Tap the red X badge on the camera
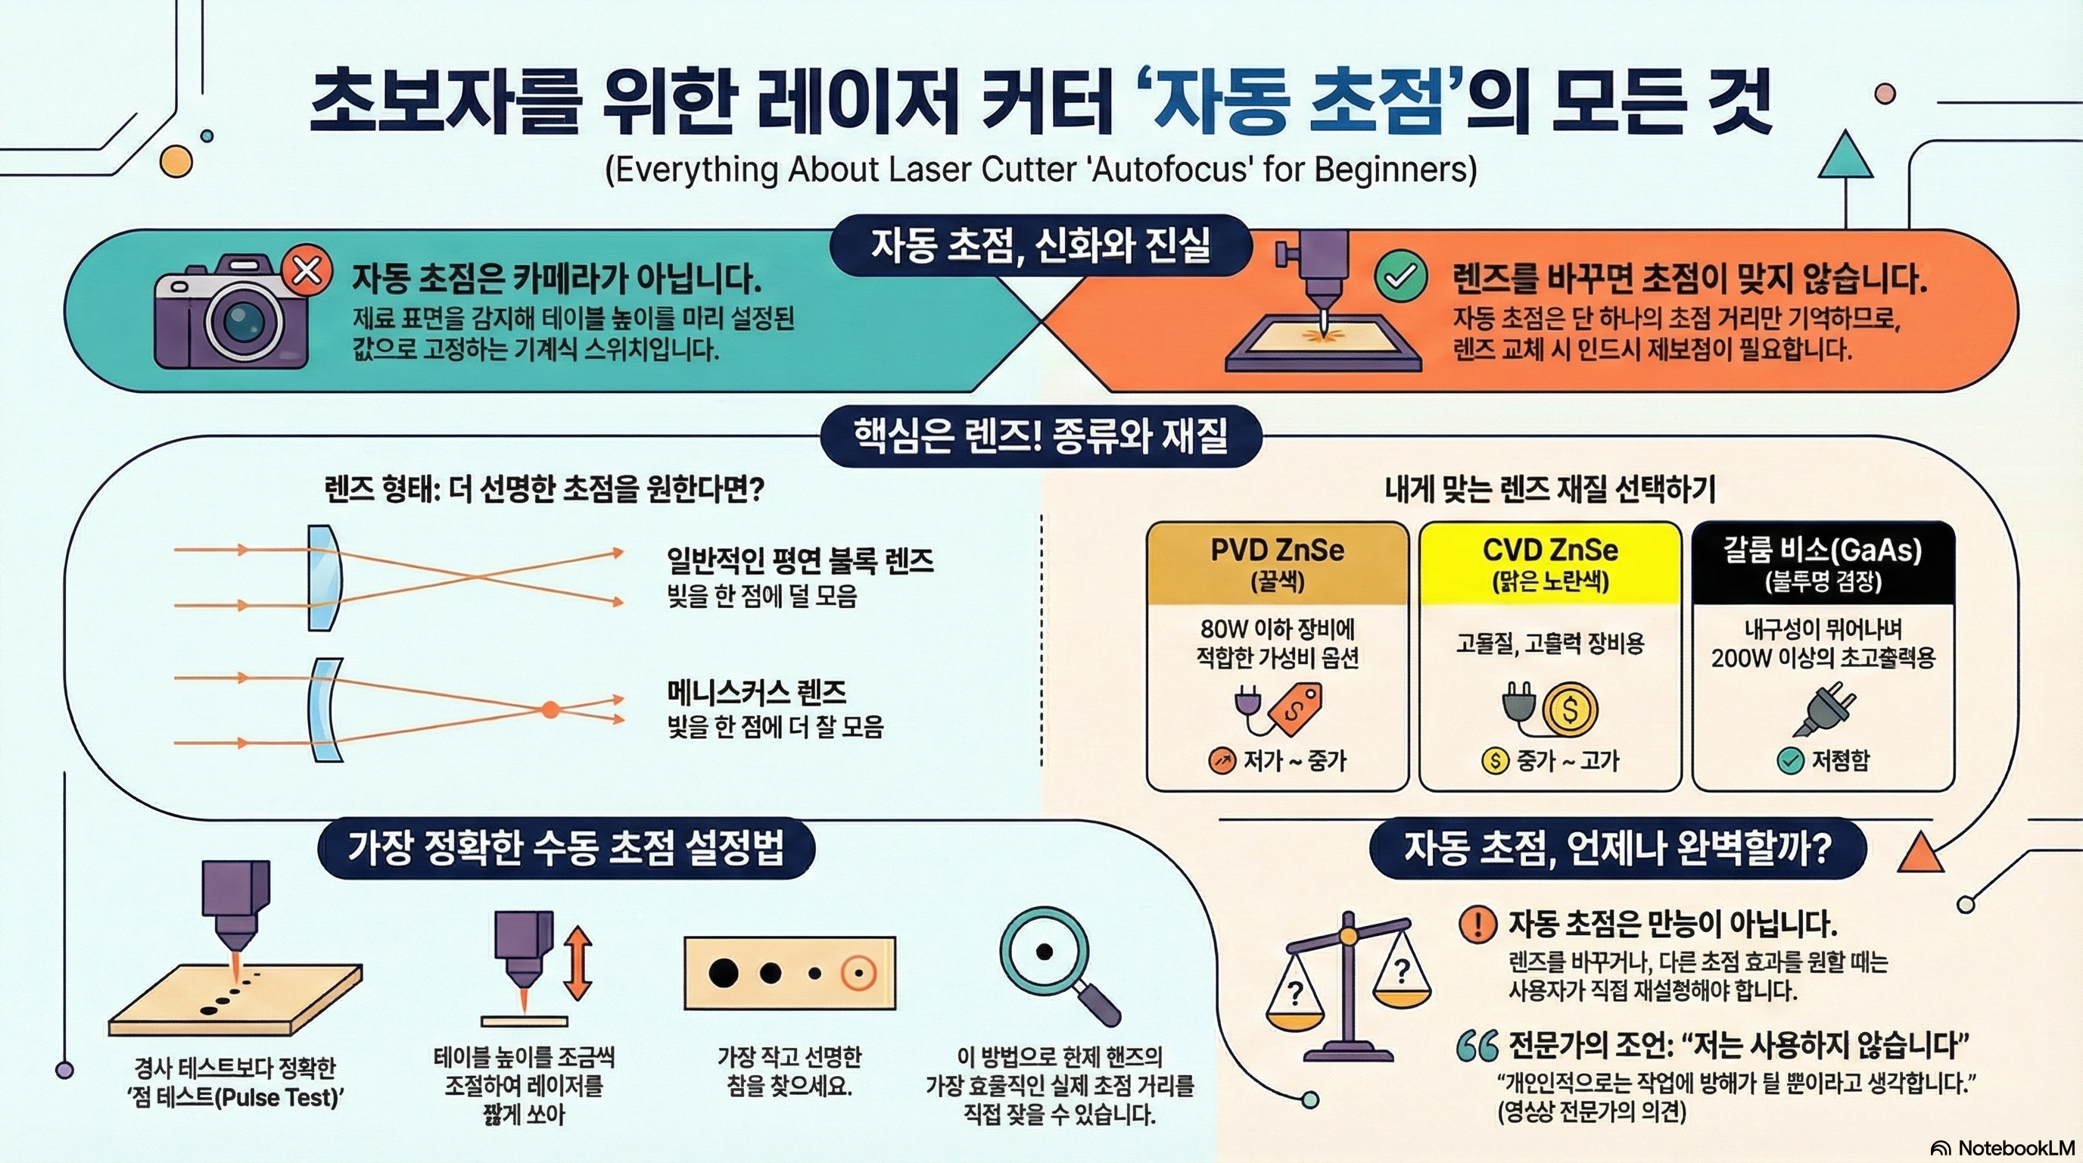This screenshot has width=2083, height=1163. point(307,270)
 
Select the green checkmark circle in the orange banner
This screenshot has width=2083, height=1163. point(1400,276)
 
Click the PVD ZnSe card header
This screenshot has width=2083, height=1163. point(1277,564)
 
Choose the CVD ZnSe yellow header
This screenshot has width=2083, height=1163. point(1550,564)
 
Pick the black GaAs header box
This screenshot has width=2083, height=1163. point(1823,564)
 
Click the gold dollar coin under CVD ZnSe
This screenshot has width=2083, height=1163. point(1570,709)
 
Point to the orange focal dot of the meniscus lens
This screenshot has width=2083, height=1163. point(551,710)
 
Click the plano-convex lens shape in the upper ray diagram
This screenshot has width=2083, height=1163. point(323,578)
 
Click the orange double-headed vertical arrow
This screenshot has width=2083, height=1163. point(578,963)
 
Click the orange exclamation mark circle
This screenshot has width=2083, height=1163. point(1477,924)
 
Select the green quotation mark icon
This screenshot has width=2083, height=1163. point(1477,1046)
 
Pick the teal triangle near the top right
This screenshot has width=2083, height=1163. point(1845,157)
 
